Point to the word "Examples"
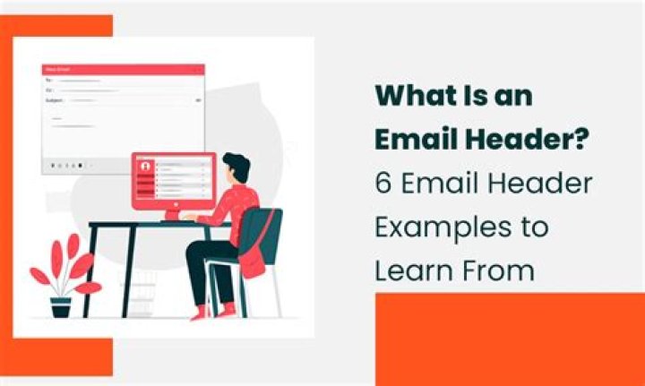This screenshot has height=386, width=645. tap(436, 227)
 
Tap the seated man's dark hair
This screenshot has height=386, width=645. tap(236, 165)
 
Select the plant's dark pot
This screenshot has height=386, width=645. tap(60, 307)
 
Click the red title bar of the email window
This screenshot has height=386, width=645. tap(123, 69)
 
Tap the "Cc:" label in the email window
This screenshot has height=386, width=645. tap(49, 90)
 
